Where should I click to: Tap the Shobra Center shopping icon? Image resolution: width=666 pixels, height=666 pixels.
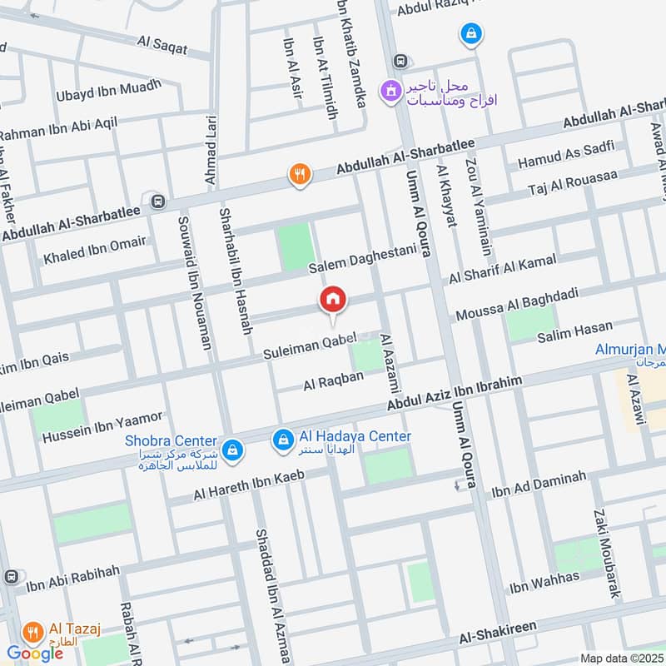(234, 449)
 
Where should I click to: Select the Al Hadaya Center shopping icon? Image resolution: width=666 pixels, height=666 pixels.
(284, 438)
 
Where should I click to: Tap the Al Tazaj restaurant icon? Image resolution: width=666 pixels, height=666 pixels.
(34, 632)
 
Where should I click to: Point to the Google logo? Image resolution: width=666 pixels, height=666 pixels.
(35, 654)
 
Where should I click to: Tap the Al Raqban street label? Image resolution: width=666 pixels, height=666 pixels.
(333, 381)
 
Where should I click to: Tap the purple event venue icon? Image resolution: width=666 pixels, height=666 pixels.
(389, 92)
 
